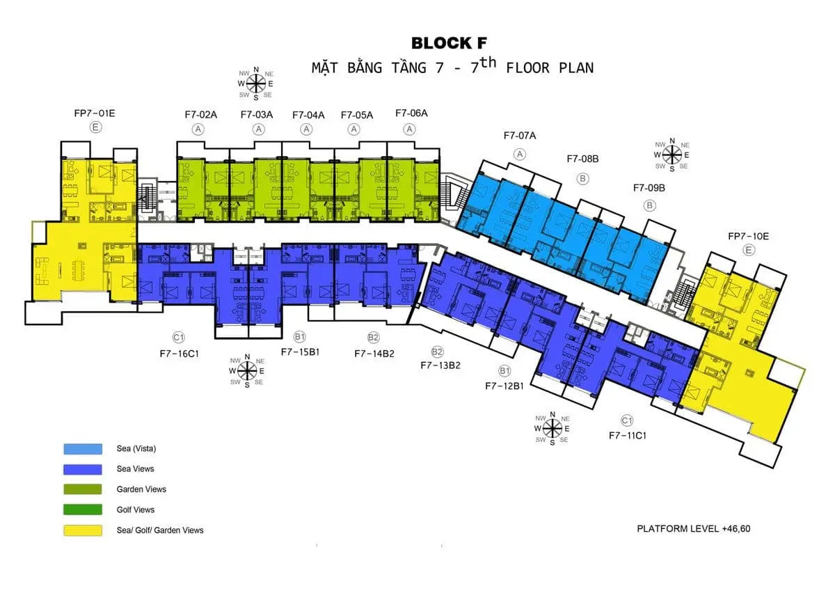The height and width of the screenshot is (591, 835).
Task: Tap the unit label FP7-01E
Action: point(95,112)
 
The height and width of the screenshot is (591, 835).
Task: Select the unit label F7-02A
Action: point(200,114)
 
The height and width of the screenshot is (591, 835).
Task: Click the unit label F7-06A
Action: point(411,113)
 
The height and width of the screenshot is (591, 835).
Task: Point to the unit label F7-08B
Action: point(582,159)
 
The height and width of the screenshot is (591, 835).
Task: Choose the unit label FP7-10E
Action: point(749,236)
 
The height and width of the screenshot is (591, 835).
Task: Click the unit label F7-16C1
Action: point(180,353)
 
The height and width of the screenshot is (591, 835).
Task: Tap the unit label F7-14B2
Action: point(374,353)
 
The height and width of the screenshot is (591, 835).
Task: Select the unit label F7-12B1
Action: point(504,385)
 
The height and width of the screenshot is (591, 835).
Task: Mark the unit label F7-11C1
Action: point(628,435)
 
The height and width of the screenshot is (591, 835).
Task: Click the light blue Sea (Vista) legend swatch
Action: point(83,449)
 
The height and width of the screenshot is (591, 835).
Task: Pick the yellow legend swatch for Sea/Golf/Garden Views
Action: point(83,530)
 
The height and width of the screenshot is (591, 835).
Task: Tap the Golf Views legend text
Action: point(136,510)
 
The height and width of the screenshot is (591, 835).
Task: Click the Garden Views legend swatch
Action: point(83,489)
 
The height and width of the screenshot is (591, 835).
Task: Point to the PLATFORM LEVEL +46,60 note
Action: point(694,528)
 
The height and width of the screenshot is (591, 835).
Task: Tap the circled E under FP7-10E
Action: point(749,251)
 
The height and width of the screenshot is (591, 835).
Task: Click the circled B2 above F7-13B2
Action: point(437,352)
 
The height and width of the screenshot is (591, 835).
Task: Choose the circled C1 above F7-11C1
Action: point(627,420)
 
